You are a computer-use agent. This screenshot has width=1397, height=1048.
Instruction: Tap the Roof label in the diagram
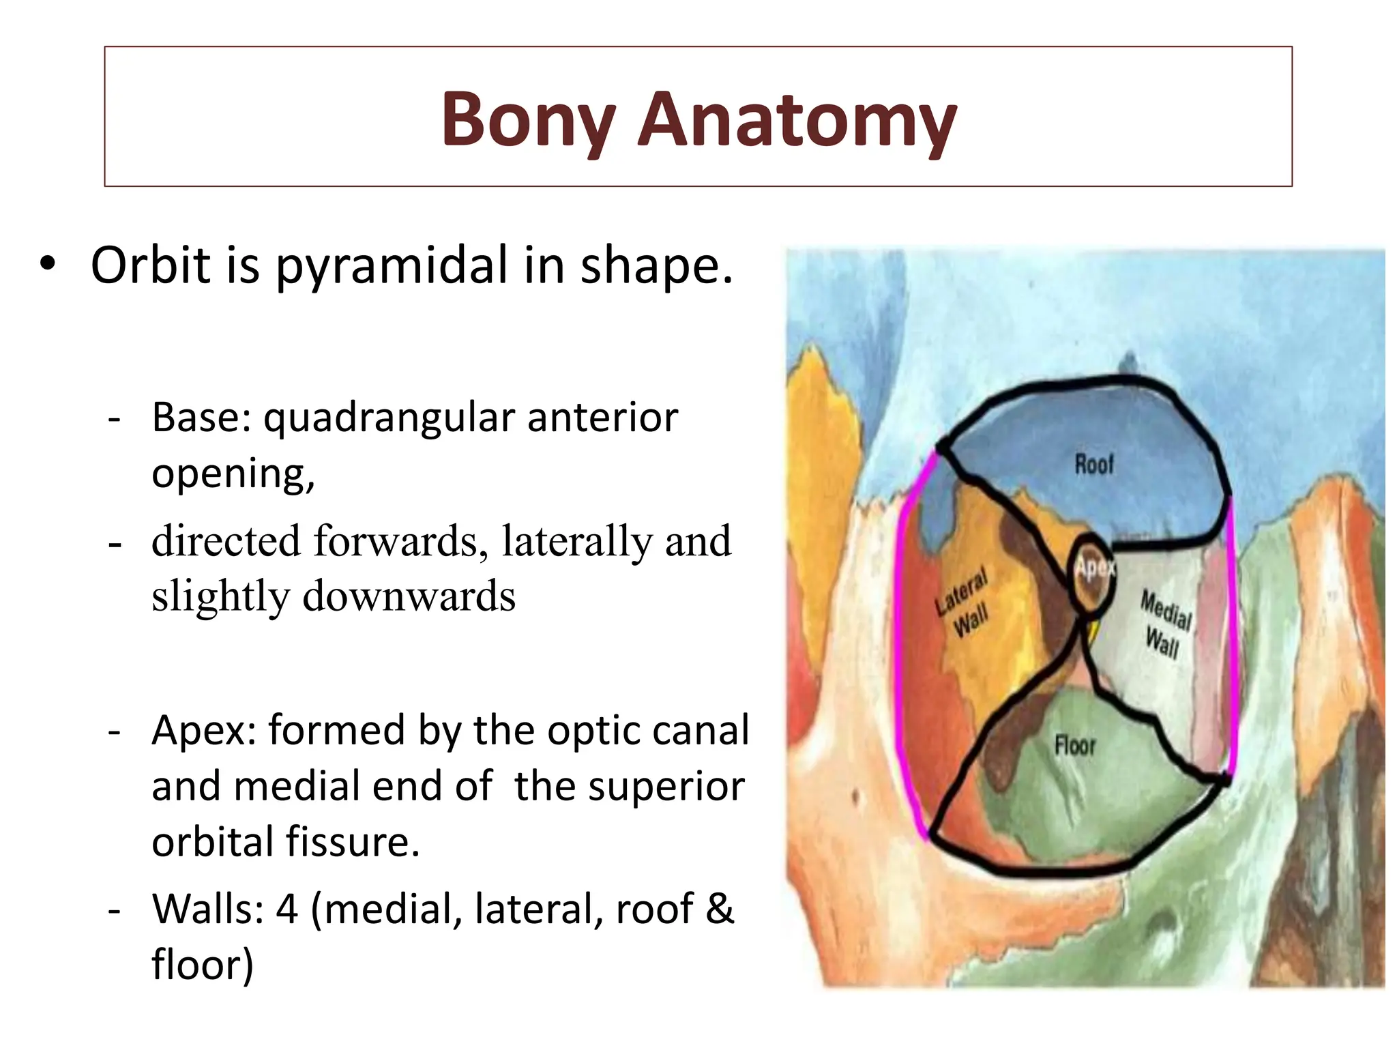[x=1093, y=465]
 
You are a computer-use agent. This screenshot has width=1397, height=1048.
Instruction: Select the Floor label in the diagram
[x=1074, y=745]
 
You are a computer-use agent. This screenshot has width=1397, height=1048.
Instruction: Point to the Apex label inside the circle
[x=1094, y=568]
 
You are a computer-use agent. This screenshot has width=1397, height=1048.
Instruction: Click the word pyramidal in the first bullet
[x=392, y=266]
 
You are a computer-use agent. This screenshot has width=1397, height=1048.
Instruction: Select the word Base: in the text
[x=202, y=418]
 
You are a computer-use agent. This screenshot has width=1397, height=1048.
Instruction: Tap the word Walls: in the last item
[x=208, y=909]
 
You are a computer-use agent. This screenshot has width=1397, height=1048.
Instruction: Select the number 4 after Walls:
[x=287, y=909]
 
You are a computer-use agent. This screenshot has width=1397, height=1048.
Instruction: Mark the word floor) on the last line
[x=203, y=965]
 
